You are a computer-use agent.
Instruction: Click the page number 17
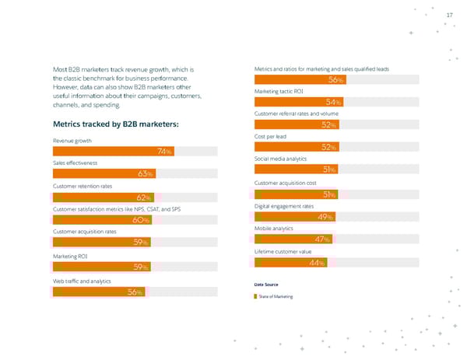[448, 16]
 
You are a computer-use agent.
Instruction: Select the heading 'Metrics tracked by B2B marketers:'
[115, 124]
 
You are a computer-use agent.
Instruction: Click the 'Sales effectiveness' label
[75, 163]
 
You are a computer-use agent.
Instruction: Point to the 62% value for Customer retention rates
[143, 197]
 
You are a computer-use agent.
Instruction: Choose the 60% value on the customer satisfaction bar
[141, 220]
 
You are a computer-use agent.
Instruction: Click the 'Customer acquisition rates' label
[84, 232]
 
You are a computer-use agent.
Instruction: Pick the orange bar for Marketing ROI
[101, 267]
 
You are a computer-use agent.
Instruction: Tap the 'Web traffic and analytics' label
[82, 280]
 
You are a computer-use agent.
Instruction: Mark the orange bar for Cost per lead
[296, 147]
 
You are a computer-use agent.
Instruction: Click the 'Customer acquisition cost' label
[285, 183]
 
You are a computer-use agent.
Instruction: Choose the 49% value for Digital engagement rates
[326, 217]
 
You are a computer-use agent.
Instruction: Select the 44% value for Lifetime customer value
[317, 263]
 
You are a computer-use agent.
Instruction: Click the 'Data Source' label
[265, 285]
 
